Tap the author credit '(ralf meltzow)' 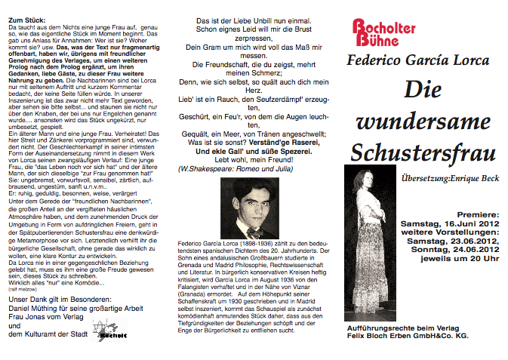[x=20, y=288]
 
